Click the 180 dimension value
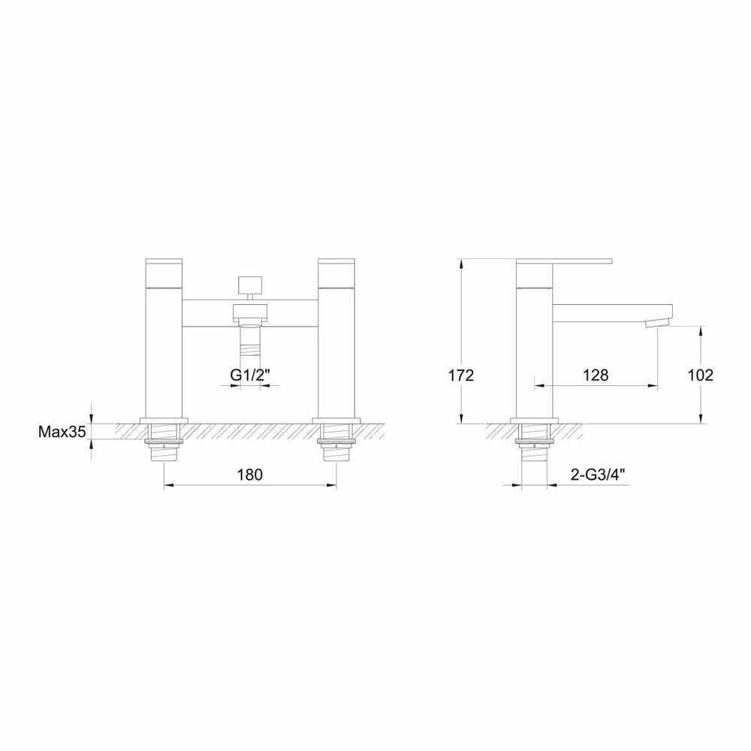[249, 475]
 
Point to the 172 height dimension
[461, 375]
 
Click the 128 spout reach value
[596, 375]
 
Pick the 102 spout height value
[700, 375]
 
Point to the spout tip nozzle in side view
[656, 323]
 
